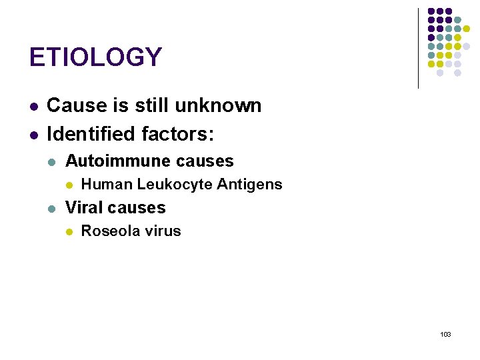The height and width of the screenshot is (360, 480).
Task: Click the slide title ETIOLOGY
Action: tap(95, 57)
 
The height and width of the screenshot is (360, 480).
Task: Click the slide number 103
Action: tap(445, 333)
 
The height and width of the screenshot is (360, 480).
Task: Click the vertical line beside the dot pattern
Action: tap(418, 48)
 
